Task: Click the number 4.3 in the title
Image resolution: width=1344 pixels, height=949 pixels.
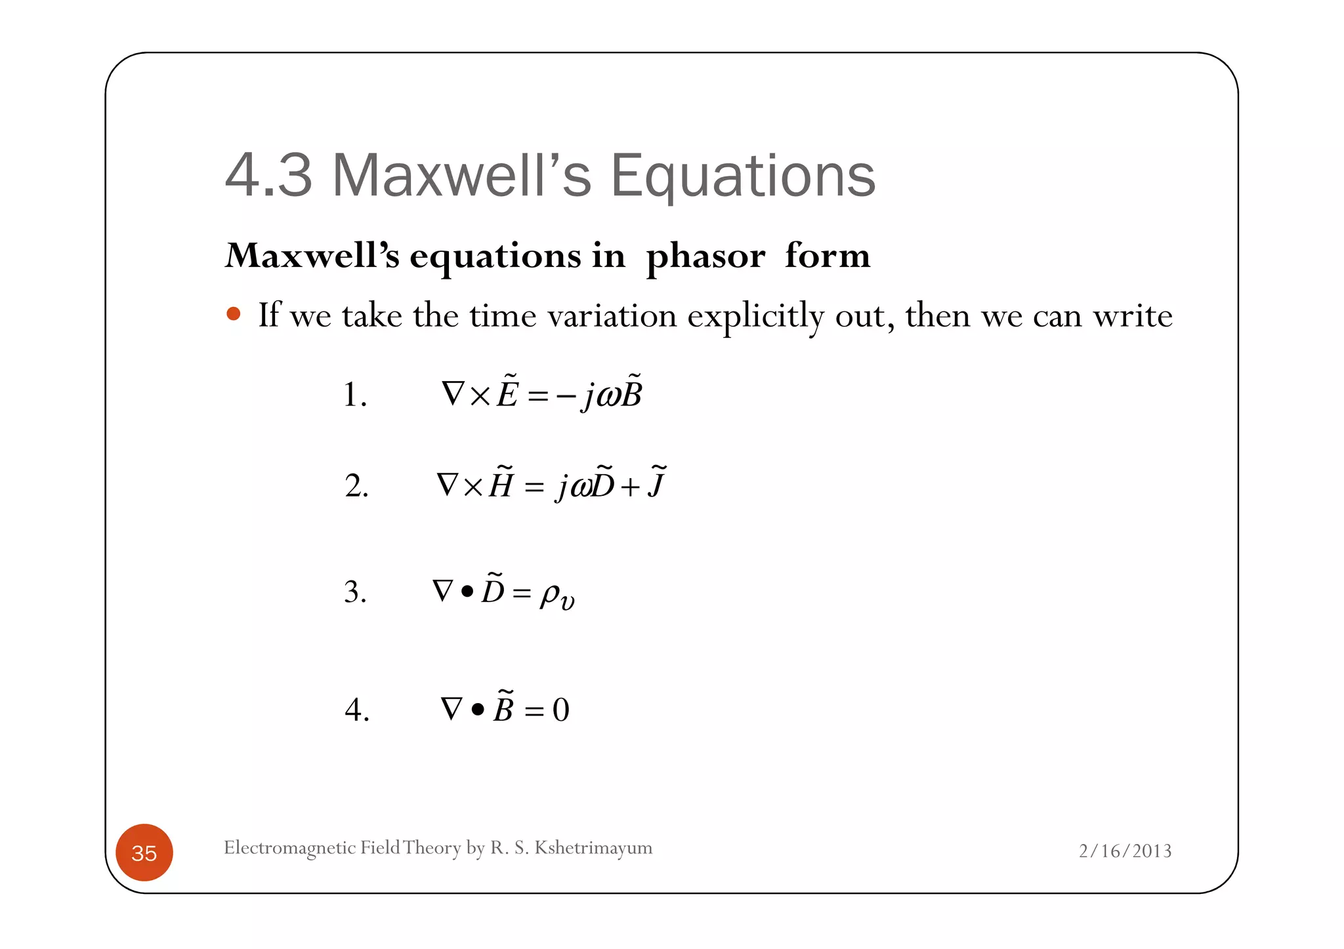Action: pos(268,175)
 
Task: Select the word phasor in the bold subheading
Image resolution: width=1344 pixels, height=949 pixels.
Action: pos(705,256)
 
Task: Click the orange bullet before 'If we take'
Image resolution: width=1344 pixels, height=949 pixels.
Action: pos(233,313)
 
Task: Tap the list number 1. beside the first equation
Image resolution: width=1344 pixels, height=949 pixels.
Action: pos(355,395)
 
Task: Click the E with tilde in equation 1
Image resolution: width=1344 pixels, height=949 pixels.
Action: pos(507,394)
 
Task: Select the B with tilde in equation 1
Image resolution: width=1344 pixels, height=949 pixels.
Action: pos(631,394)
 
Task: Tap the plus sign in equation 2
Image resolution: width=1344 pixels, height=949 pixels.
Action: pos(630,487)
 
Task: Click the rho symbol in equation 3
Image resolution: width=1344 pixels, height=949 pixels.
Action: pos(549,594)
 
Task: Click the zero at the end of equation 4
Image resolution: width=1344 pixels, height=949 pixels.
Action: pos(561,710)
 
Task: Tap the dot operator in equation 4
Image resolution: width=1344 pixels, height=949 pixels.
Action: pos(478,710)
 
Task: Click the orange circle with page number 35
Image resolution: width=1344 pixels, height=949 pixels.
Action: pos(144,853)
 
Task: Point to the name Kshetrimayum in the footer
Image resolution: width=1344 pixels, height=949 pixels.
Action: pos(593,848)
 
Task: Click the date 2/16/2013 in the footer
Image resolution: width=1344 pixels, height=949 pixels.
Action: pos(1125,851)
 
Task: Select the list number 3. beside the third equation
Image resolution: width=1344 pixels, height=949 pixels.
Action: pos(355,592)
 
